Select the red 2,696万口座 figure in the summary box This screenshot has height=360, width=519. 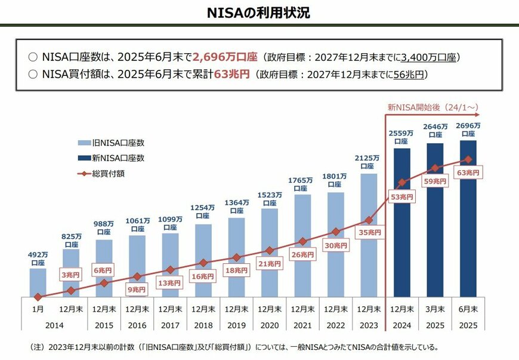click(225, 57)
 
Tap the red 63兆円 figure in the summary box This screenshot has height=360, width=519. click(231, 75)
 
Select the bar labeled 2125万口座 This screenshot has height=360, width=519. click(369, 235)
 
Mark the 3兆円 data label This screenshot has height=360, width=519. click(72, 275)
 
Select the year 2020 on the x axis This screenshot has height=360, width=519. click(270, 326)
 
